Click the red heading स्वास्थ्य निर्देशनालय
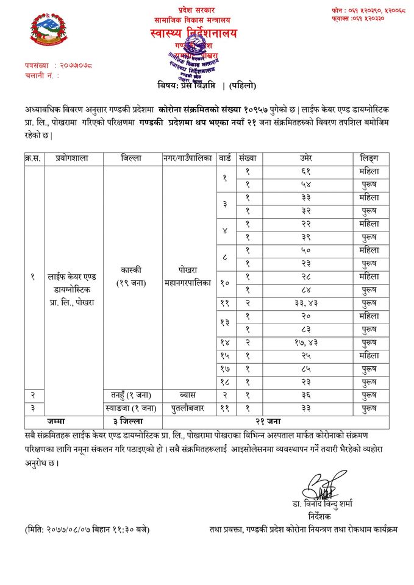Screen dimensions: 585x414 click(x=193, y=33)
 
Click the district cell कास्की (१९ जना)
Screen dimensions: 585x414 click(x=132, y=277)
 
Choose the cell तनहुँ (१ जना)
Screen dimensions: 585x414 click(x=132, y=395)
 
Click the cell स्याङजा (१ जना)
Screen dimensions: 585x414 click(x=132, y=408)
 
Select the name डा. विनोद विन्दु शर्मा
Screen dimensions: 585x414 click(x=326, y=503)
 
